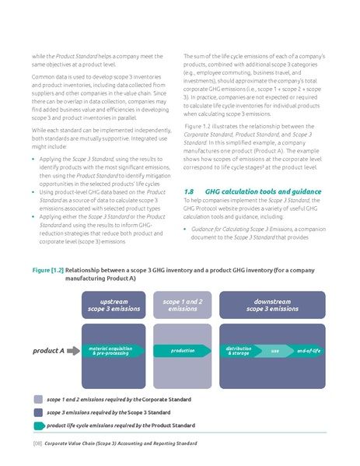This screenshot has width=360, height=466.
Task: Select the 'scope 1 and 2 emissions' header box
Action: pyautogui.click(x=183, y=306)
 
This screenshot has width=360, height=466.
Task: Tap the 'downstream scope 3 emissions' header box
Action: pyautogui.click(x=272, y=306)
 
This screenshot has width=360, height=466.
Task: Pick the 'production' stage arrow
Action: pyautogui.click(x=183, y=351)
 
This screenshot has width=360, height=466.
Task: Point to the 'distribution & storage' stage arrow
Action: pyautogui.click(x=239, y=351)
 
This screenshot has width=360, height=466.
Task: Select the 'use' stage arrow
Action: pyautogui.click(x=274, y=351)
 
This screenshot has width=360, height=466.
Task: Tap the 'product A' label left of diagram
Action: pyautogui.click(x=48, y=351)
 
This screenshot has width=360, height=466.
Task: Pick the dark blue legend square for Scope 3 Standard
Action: pyautogui.click(x=39, y=412)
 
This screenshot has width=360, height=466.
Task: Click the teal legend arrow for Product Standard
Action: pyautogui.click(x=39, y=426)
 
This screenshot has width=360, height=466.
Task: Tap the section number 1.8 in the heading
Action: pyautogui.click(x=188, y=191)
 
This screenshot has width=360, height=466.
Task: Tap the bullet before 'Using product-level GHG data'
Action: pyautogui.click(x=33, y=191)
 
